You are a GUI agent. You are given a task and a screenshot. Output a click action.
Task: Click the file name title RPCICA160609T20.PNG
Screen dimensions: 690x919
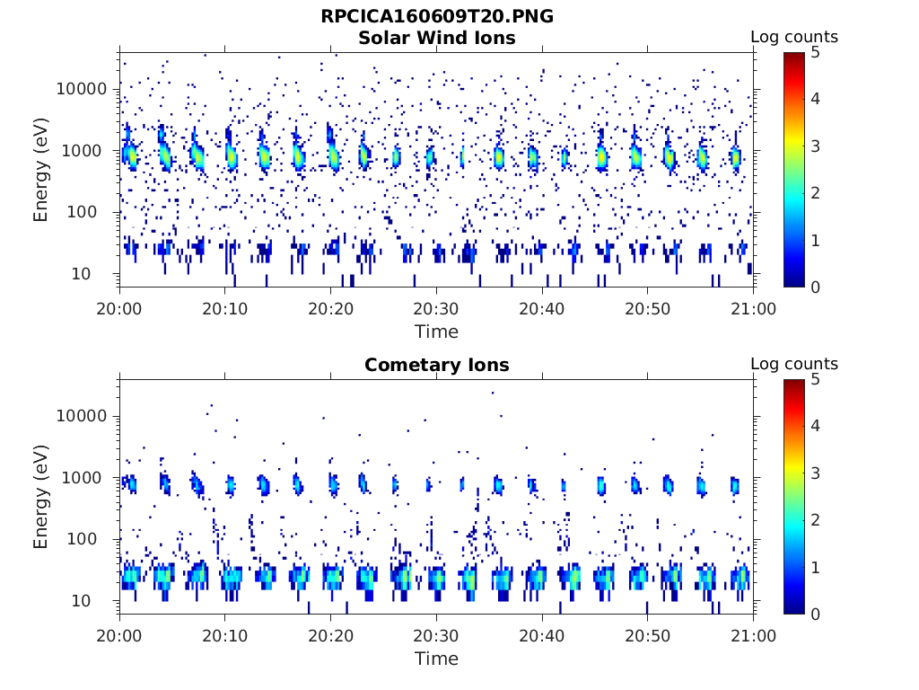coord(436,17)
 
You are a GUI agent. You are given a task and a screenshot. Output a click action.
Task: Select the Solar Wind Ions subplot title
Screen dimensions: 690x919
coord(436,38)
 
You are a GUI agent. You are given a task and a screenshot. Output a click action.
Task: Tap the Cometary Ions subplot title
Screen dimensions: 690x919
coord(436,365)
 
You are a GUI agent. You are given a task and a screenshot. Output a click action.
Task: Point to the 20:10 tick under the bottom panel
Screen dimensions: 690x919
coord(225,635)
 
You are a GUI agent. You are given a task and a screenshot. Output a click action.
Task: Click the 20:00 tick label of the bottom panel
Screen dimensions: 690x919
coord(120,635)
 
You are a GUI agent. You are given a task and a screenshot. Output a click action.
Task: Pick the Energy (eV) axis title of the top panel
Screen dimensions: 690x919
coord(41,170)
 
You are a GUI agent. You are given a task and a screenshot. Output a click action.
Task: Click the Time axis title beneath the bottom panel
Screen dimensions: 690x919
coord(436,659)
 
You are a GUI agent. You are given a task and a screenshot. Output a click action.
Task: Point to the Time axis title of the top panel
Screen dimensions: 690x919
coord(436,332)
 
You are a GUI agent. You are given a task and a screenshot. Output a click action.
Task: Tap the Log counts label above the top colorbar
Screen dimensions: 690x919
coord(793,37)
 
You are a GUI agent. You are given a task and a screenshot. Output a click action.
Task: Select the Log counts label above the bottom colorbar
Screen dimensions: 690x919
coord(793,364)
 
